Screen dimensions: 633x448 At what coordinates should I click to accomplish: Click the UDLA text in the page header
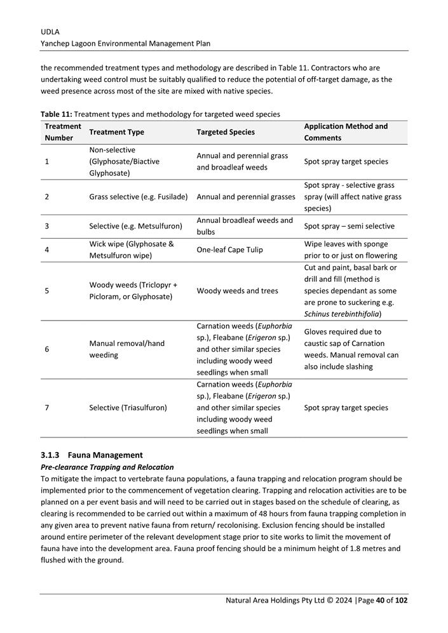[x=51, y=31]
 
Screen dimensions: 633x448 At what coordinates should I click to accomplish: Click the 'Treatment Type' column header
[x=116, y=132]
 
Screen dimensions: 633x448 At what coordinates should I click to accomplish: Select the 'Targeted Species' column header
[x=226, y=132]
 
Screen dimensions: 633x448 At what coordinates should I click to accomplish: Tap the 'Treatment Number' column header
[x=63, y=132]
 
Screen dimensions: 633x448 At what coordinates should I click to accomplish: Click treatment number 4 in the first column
[x=47, y=250]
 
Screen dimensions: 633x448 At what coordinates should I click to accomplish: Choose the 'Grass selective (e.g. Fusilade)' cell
[x=138, y=197]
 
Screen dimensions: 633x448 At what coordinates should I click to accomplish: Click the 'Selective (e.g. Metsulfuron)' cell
[x=135, y=226]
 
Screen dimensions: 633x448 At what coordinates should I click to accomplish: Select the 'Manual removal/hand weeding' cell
[x=126, y=349]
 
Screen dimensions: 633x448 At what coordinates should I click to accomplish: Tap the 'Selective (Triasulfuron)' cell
[x=128, y=408]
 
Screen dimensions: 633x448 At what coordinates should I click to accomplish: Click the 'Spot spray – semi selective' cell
[x=349, y=226]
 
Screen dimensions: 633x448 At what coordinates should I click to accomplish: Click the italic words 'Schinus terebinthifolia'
[x=343, y=314]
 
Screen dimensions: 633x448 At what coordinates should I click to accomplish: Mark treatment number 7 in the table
[x=47, y=408]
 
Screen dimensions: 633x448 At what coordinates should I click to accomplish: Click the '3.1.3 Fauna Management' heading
[x=92, y=455]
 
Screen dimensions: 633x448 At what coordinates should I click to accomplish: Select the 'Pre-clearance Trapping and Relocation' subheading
[x=107, y=467]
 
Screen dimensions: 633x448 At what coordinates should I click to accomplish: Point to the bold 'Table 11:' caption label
[x=56, y=114]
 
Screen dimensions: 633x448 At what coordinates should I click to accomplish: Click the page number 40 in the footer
[x=381, y=601]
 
